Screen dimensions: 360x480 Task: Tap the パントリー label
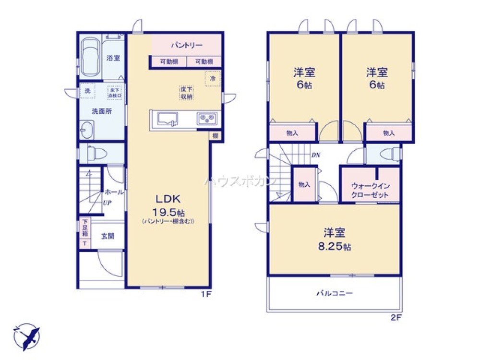[187, 46]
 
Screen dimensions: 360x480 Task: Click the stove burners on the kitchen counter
[207, 118]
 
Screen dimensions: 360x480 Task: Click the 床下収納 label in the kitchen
[186, 93]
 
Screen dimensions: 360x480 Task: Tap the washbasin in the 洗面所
[87, 130]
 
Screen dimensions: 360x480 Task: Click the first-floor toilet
[98, 154]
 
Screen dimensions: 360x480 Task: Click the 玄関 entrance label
[108, 236]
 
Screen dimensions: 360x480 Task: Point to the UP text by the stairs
[108, 202]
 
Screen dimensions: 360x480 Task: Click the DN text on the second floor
[315, 155]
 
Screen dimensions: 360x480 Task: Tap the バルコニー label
[335, 293]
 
